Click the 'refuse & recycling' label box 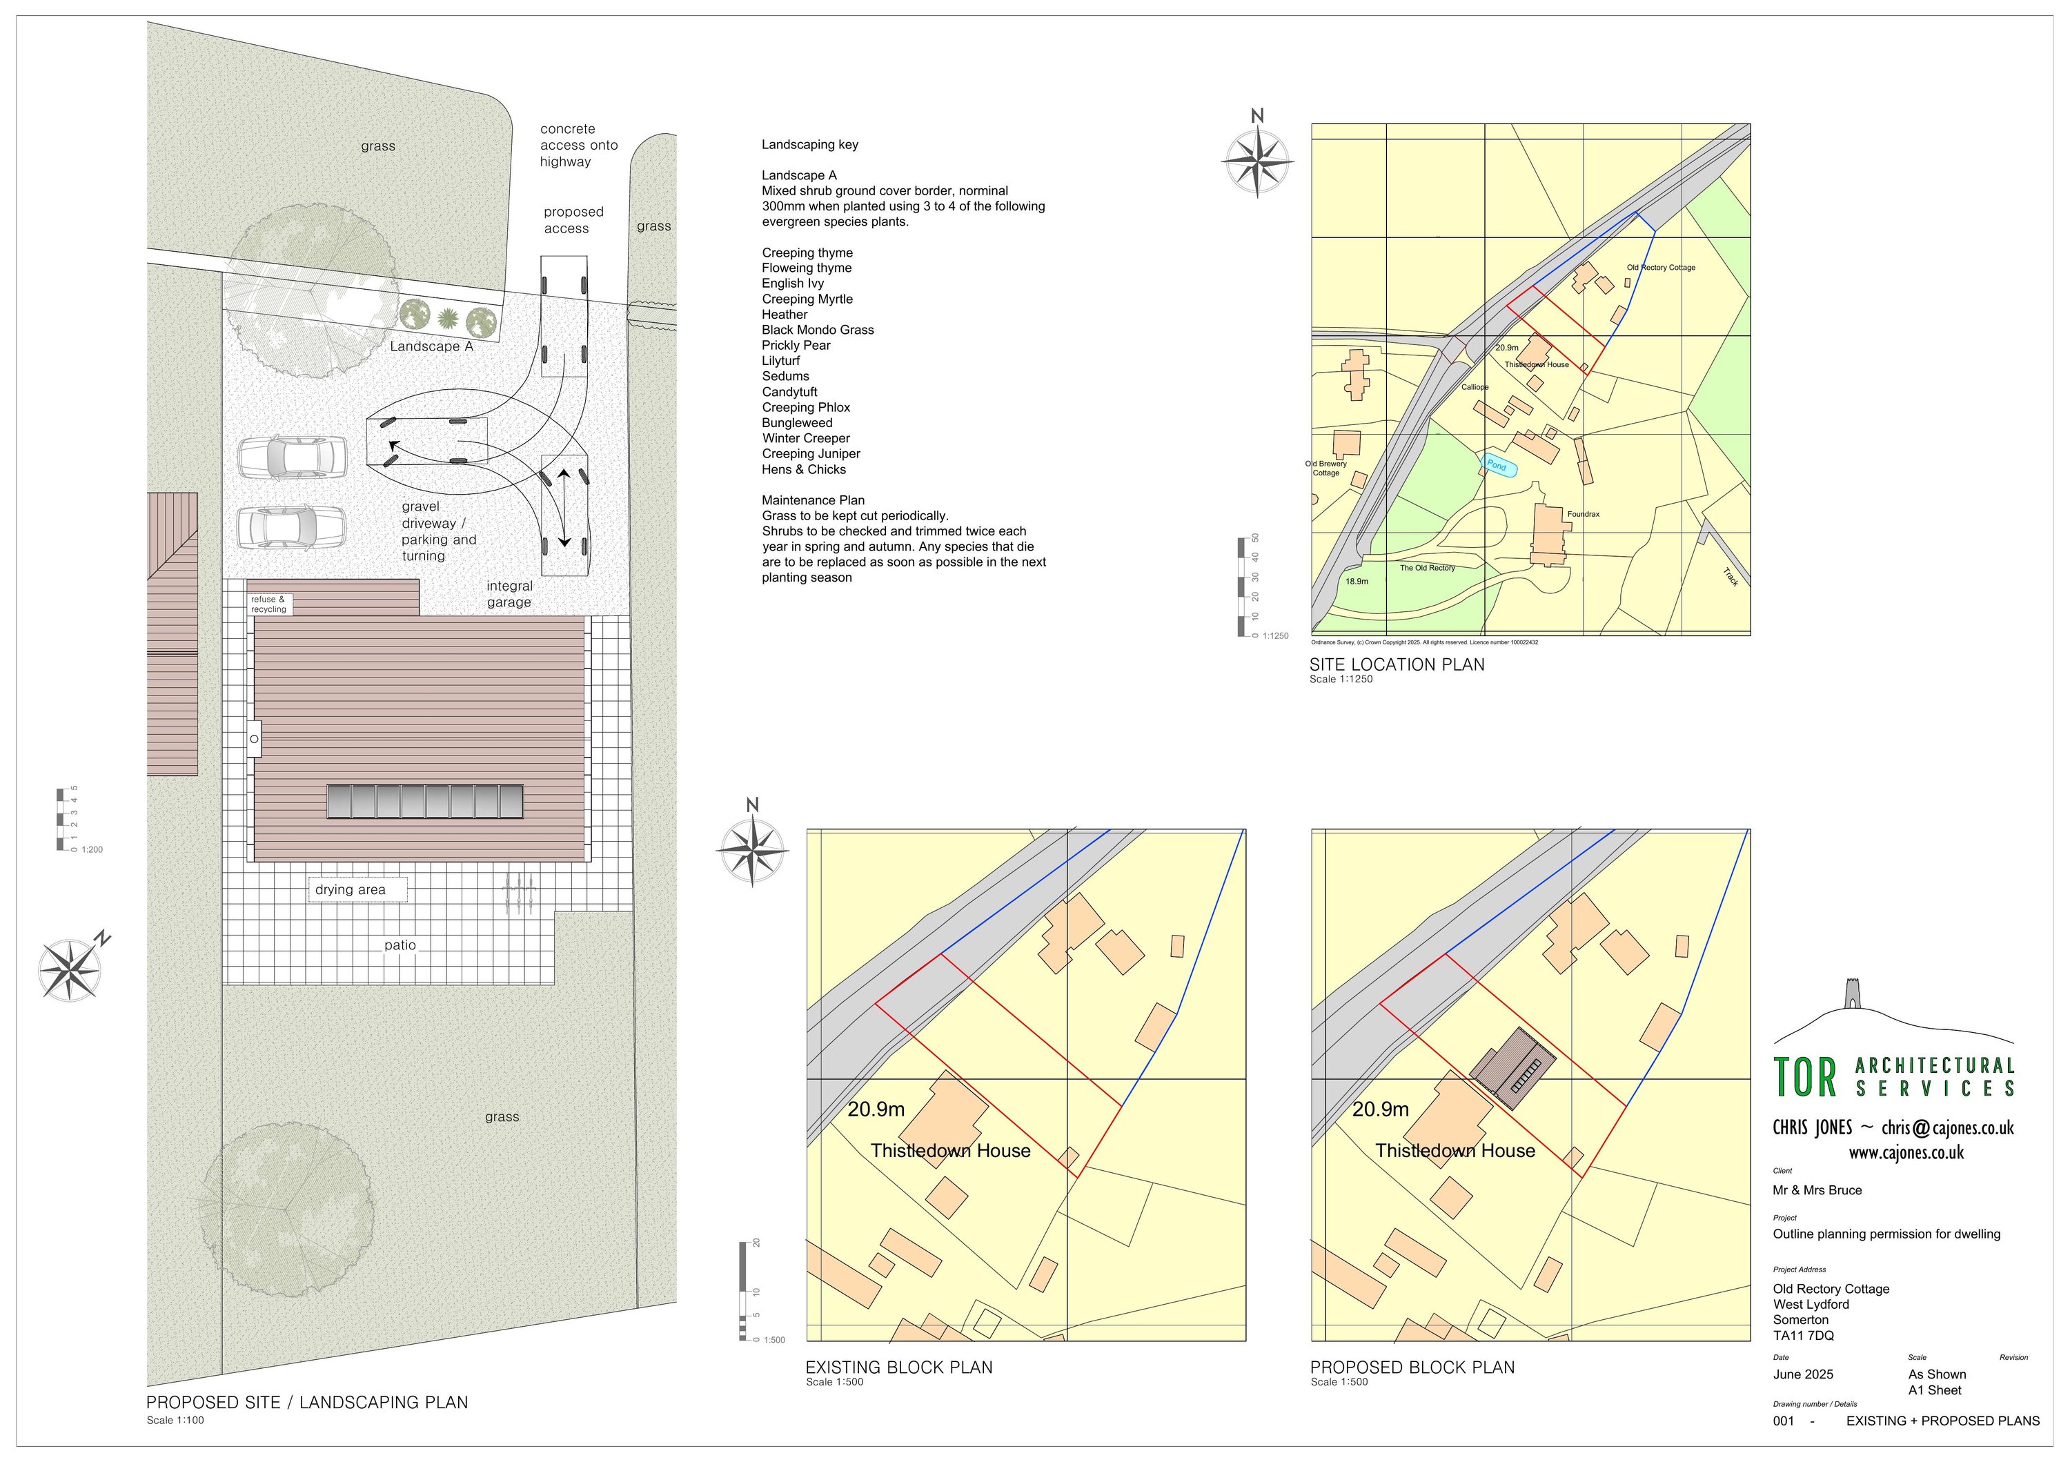268,604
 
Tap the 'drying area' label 350,889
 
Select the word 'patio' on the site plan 400,945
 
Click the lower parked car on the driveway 290,526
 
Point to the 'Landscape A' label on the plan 431,346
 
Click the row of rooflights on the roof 424,801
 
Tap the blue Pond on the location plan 1497,466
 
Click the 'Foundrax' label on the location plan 1582,514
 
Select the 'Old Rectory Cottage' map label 1661,268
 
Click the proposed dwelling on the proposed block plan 1512,1068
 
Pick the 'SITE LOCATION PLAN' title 1396,664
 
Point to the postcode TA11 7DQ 1803,1335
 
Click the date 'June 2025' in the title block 1803,1374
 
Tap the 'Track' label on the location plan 1730,577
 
